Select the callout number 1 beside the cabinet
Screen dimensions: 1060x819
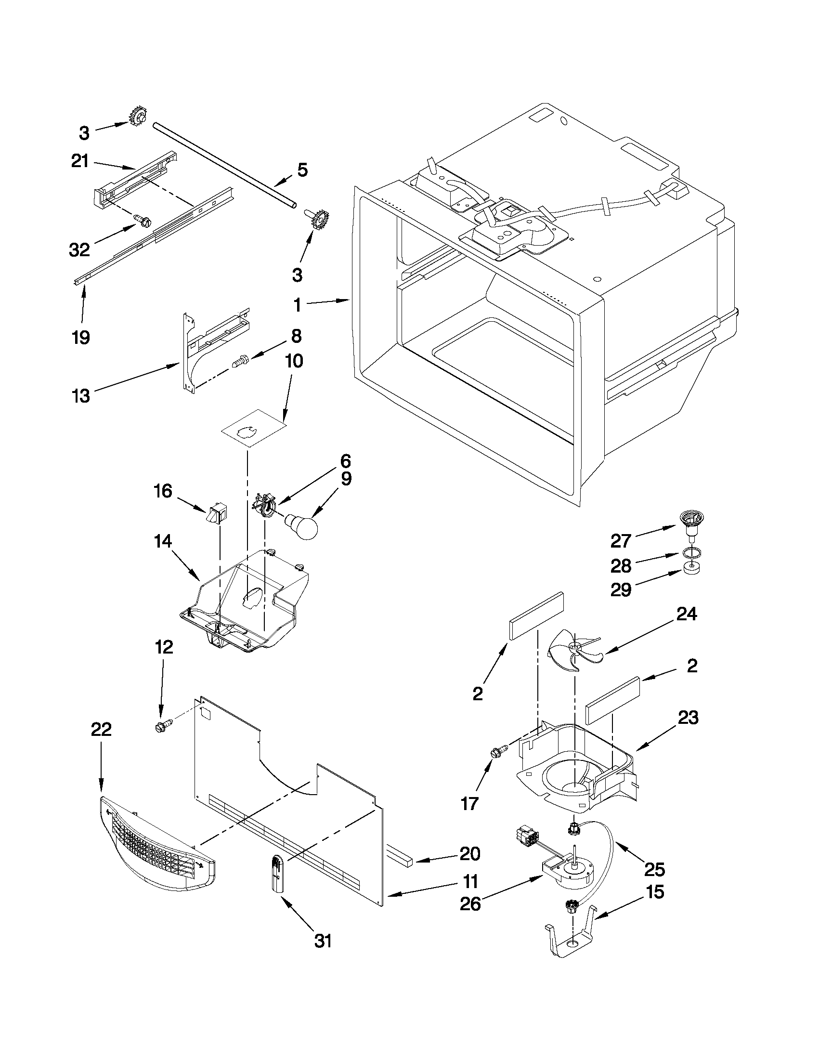[297, 305]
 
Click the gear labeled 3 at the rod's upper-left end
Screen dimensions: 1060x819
[138, 117]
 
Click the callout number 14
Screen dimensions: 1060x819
[163, 541]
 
